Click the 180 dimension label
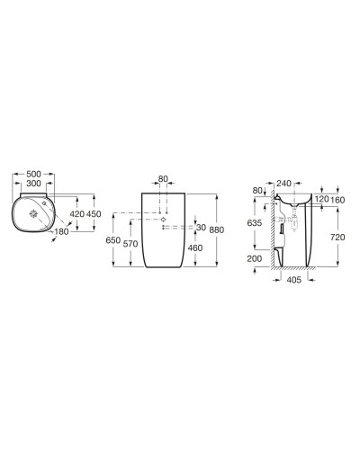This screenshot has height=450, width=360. (60, 232)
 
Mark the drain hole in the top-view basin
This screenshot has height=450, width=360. (35, 214)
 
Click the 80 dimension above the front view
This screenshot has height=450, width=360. (162, 179)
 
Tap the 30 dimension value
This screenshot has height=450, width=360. (202, 226)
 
